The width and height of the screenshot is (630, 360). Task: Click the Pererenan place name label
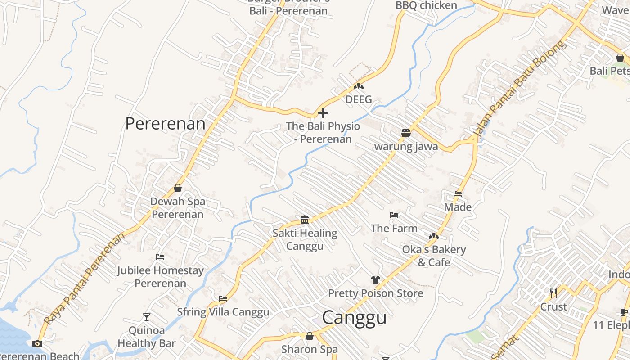(165, 123)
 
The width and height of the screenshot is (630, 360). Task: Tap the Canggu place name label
(354, 317)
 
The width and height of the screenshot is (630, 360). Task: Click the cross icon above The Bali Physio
(323, 113)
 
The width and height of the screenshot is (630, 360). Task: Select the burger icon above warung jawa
(406, 133)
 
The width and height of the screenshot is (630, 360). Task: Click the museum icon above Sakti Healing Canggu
(305, 220)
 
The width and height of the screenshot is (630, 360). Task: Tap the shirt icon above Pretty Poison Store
(376, 280)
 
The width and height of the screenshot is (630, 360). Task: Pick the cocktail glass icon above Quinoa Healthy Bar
(147, 317)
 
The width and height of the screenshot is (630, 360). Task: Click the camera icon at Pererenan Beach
(37, 344)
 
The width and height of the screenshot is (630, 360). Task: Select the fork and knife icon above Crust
(553, 293)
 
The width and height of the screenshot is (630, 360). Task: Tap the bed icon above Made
(458, 194)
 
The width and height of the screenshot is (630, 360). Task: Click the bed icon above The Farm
(394, 215)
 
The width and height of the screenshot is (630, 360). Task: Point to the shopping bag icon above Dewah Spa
(178, 188)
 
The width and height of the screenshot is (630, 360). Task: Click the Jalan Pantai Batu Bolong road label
(517, 90)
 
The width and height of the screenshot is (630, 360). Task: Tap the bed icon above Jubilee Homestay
(160, 257)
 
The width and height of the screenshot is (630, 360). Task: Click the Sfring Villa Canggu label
(223, 312)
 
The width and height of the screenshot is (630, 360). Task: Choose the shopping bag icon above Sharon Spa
(309, 336)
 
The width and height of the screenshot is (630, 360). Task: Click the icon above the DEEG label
(359, 86)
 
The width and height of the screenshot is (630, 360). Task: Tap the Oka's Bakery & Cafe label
(434, 256)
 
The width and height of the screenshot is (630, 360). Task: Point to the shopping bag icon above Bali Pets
(620, 58)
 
